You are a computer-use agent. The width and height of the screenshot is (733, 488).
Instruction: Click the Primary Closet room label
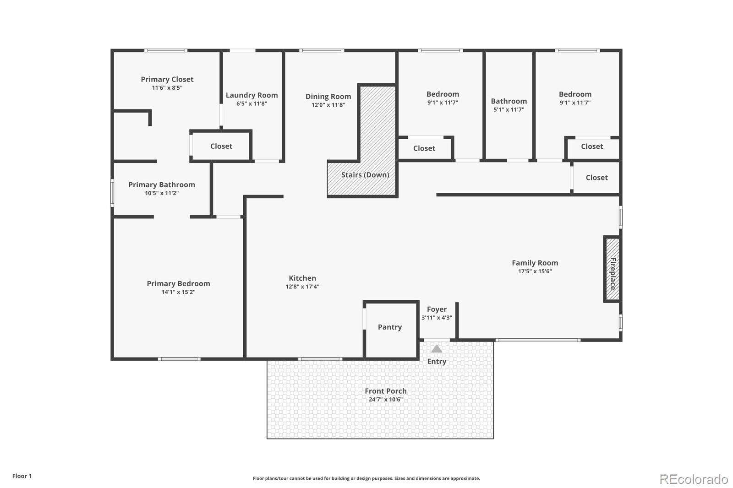coord(167,79)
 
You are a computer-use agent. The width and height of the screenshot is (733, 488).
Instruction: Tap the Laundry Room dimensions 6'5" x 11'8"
coord(252,104)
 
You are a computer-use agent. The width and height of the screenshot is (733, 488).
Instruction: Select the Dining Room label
coord(328,96)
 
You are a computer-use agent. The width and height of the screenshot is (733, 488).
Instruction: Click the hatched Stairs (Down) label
coord(365,175)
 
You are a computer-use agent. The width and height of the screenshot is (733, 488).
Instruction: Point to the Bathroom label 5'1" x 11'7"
coord(509,101)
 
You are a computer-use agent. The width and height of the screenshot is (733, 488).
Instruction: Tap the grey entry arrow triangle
coord(437,349)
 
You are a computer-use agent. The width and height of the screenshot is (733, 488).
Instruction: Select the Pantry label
coord(389,327)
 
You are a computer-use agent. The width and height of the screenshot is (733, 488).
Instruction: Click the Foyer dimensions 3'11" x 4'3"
coord(437,318)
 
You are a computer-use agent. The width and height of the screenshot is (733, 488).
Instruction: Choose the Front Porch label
coord(385,391)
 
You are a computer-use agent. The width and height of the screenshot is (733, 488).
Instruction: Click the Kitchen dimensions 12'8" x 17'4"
coord(302,287)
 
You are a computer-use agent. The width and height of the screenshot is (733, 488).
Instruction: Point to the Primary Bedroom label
coord(178,283)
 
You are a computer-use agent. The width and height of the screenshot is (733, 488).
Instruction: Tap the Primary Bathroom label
coord(161,184)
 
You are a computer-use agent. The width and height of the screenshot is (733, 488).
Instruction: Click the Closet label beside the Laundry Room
coord(221,146)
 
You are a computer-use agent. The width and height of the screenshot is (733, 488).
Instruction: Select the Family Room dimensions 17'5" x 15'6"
coord(535,271)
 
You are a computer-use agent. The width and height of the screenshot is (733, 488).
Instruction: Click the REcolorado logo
coord(693,479)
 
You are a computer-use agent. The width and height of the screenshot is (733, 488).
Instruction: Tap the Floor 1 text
coord(22,476)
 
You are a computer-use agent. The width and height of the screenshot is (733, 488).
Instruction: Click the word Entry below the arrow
coord(437,361)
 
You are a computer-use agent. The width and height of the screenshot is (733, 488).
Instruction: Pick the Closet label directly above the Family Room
coord(596,178)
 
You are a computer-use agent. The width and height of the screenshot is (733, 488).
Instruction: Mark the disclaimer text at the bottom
coord(366,478)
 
